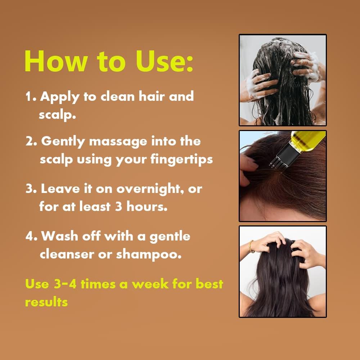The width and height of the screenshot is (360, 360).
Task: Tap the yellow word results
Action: (46, 302)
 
